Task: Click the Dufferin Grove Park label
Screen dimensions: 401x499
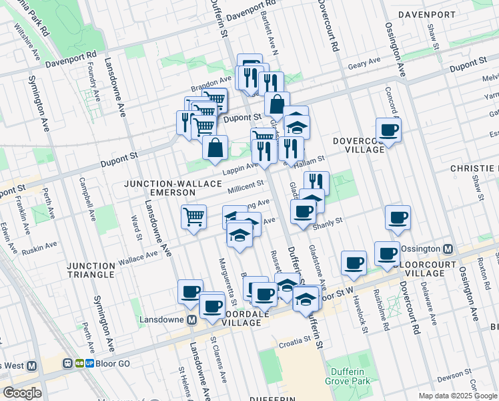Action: (x=348, y=376)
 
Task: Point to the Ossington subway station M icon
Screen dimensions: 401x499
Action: (x=448, y=249)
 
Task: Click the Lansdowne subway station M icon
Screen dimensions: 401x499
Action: (x=191, y=320)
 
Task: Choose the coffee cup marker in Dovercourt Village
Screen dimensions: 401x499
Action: (x=388, y=129)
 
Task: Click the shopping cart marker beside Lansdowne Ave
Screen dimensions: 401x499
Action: (x=193, y=216)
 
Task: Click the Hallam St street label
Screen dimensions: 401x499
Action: (x=309, y=160)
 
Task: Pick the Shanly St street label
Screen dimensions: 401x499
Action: (x=328, y=222)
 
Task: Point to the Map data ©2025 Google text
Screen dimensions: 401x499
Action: (x=458, y=396)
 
